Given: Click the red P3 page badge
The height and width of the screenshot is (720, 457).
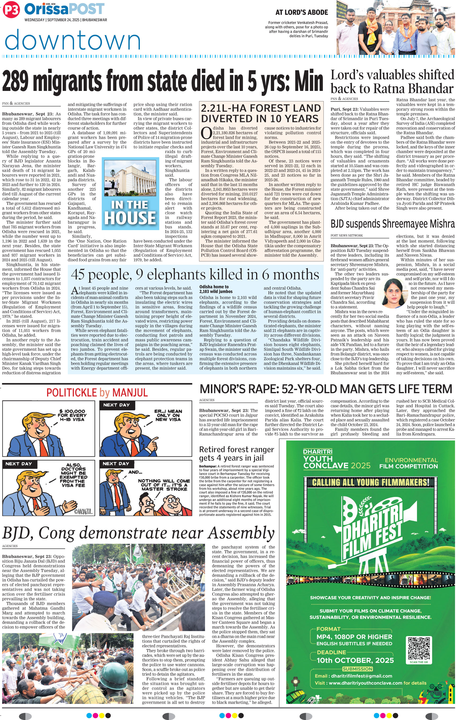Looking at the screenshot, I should (x=11, y=11).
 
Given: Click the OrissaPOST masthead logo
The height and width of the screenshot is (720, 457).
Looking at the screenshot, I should (x=64, y=9).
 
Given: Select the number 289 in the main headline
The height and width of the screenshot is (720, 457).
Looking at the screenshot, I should (x=17, y=81).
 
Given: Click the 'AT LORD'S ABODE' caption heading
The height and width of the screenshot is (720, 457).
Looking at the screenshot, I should (x=301, y=12).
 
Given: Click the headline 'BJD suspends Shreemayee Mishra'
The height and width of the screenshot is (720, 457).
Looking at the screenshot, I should (x=392, y=224).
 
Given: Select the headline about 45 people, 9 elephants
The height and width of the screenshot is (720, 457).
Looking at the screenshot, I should (x=195, y=274).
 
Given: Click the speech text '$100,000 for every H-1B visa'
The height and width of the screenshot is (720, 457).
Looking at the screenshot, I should (x=72, y=415).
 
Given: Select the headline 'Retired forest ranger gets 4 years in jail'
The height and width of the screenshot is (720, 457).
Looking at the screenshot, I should (x=236, y=454).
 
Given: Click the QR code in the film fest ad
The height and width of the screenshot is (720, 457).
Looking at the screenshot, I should (x=419, y=652).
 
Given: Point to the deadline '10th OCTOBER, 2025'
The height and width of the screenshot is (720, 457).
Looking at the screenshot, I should (x=355, y=660).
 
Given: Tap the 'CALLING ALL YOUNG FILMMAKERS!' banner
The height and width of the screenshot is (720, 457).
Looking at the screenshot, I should (x=370, y=482).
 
